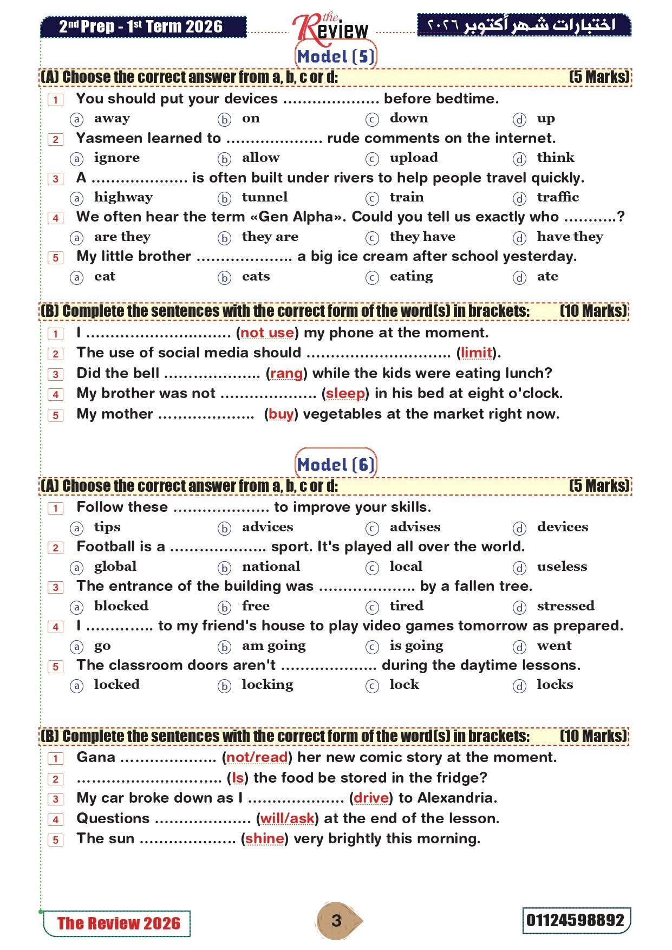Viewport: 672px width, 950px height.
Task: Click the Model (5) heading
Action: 336,56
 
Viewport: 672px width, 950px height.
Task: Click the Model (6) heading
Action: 336,465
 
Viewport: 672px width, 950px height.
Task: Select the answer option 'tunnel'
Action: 264,197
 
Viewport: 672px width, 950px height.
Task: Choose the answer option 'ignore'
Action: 116,158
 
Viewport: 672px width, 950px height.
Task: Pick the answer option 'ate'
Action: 547,276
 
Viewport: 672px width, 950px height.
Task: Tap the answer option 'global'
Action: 115,567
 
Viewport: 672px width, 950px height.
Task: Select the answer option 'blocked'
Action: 121,606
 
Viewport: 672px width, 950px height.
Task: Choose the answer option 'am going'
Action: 273,646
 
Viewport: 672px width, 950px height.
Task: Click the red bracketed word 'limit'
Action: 477,353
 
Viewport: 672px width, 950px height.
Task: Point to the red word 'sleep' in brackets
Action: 345,393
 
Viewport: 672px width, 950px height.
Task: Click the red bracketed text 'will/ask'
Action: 288,818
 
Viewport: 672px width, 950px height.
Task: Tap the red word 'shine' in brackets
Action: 265,838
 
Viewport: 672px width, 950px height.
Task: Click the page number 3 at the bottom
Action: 336,921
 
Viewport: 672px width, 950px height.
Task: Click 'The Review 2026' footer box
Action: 118,923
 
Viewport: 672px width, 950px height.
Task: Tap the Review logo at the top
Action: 330,28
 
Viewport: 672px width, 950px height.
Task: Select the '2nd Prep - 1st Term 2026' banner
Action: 143,27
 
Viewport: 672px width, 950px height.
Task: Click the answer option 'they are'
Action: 270,237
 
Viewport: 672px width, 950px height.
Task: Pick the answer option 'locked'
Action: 116,685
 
